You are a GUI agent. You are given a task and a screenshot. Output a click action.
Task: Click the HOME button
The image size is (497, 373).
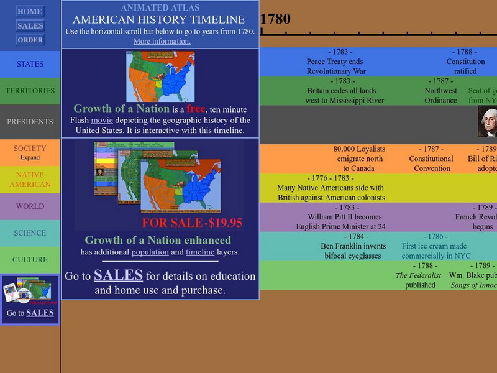coord(30,11)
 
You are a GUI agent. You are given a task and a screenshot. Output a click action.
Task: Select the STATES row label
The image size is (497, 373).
coord(30,64)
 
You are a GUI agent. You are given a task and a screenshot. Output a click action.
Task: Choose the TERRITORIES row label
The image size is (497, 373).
coord(30,91)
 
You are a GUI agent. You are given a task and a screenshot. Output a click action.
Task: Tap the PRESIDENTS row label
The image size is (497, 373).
coord(30,122)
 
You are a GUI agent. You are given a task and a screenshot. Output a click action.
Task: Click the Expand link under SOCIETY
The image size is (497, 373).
coord(30,158)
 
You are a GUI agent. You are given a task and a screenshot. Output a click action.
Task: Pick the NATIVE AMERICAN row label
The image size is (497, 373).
coord(30,180)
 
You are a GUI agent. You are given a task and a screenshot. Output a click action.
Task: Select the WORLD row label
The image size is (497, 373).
coord(30,206)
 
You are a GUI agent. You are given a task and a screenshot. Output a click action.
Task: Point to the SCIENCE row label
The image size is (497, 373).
coord(30,233)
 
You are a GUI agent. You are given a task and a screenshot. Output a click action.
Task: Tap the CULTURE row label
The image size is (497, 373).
coord(30,260)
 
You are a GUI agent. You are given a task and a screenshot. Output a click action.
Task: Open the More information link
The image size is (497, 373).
coord(162,41)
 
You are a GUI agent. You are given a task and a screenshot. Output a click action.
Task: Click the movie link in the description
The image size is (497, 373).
coord(103,120)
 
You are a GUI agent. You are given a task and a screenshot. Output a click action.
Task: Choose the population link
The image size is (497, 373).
coord(149,252)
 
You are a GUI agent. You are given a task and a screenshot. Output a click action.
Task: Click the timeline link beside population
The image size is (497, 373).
coord(200,252)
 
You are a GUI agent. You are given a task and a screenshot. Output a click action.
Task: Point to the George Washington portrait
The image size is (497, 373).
coord(488,121)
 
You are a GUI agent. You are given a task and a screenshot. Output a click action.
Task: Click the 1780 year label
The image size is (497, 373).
coord(275,19)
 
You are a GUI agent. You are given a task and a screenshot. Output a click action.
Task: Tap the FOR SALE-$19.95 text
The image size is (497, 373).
coord(192,222)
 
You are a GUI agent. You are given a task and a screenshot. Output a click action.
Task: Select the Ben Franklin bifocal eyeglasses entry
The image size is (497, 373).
coord(353,246)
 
